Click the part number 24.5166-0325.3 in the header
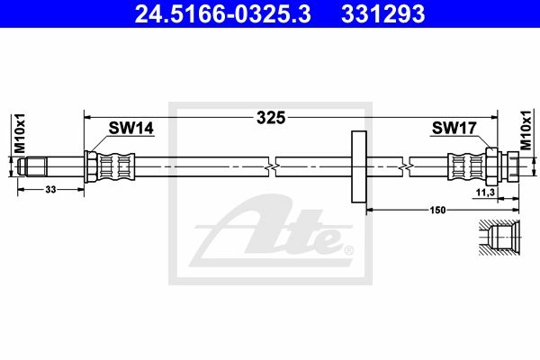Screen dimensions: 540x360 pyautogui.click(x=223, y=13)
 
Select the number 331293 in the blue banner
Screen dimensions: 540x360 pyautogui.click(x=383, y=13)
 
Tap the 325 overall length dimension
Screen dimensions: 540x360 pyautogui.click(x=271, y=118)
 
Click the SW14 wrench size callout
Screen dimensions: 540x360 pyautogui.click(x=130, y=128)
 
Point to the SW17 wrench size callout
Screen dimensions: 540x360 pyautogui.click(x=454, y=128)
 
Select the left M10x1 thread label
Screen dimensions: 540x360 pyautogui.click(x=20, y=133)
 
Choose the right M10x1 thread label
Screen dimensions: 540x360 pyautogui.click(x=526, y=130)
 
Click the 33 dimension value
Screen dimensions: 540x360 pyautogui.click(x=50, y=190)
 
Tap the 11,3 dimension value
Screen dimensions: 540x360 pyautogui.click(x=485, y=193)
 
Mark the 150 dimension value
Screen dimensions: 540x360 pyautogui.click(x=437, y=210)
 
